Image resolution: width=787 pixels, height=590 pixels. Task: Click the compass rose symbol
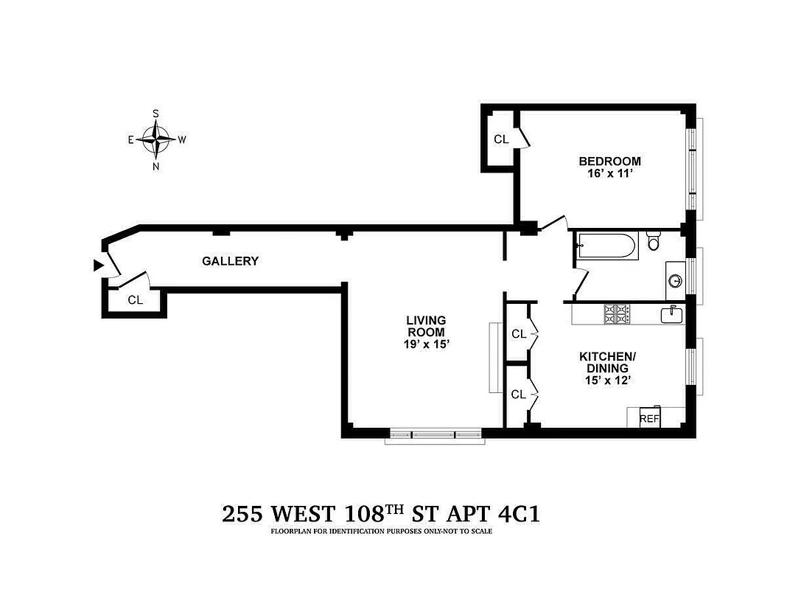click(156, 139)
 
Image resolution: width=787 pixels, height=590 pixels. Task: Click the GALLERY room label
click(231, 261)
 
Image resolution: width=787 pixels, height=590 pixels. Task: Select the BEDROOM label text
click(609, 161)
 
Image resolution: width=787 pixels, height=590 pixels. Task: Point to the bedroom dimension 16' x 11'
click(609, 174)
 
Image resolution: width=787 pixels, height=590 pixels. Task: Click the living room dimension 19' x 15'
click(426, 344)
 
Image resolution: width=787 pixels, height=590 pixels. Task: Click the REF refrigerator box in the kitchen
click(649, 418)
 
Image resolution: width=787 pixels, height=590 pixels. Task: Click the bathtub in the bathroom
click(607, 246)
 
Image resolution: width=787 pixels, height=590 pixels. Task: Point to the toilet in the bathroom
click(654, 242)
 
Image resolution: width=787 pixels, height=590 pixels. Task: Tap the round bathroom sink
click(676, 280)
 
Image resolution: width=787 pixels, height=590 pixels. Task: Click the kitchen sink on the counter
click(672, 314)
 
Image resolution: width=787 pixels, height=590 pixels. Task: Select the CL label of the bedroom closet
click(501, 139)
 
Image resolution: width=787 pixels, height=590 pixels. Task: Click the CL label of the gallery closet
click(135, 300)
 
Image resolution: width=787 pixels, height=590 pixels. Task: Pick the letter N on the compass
click(156, 166)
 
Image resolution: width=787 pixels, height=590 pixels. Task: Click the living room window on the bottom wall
click(433, 435)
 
